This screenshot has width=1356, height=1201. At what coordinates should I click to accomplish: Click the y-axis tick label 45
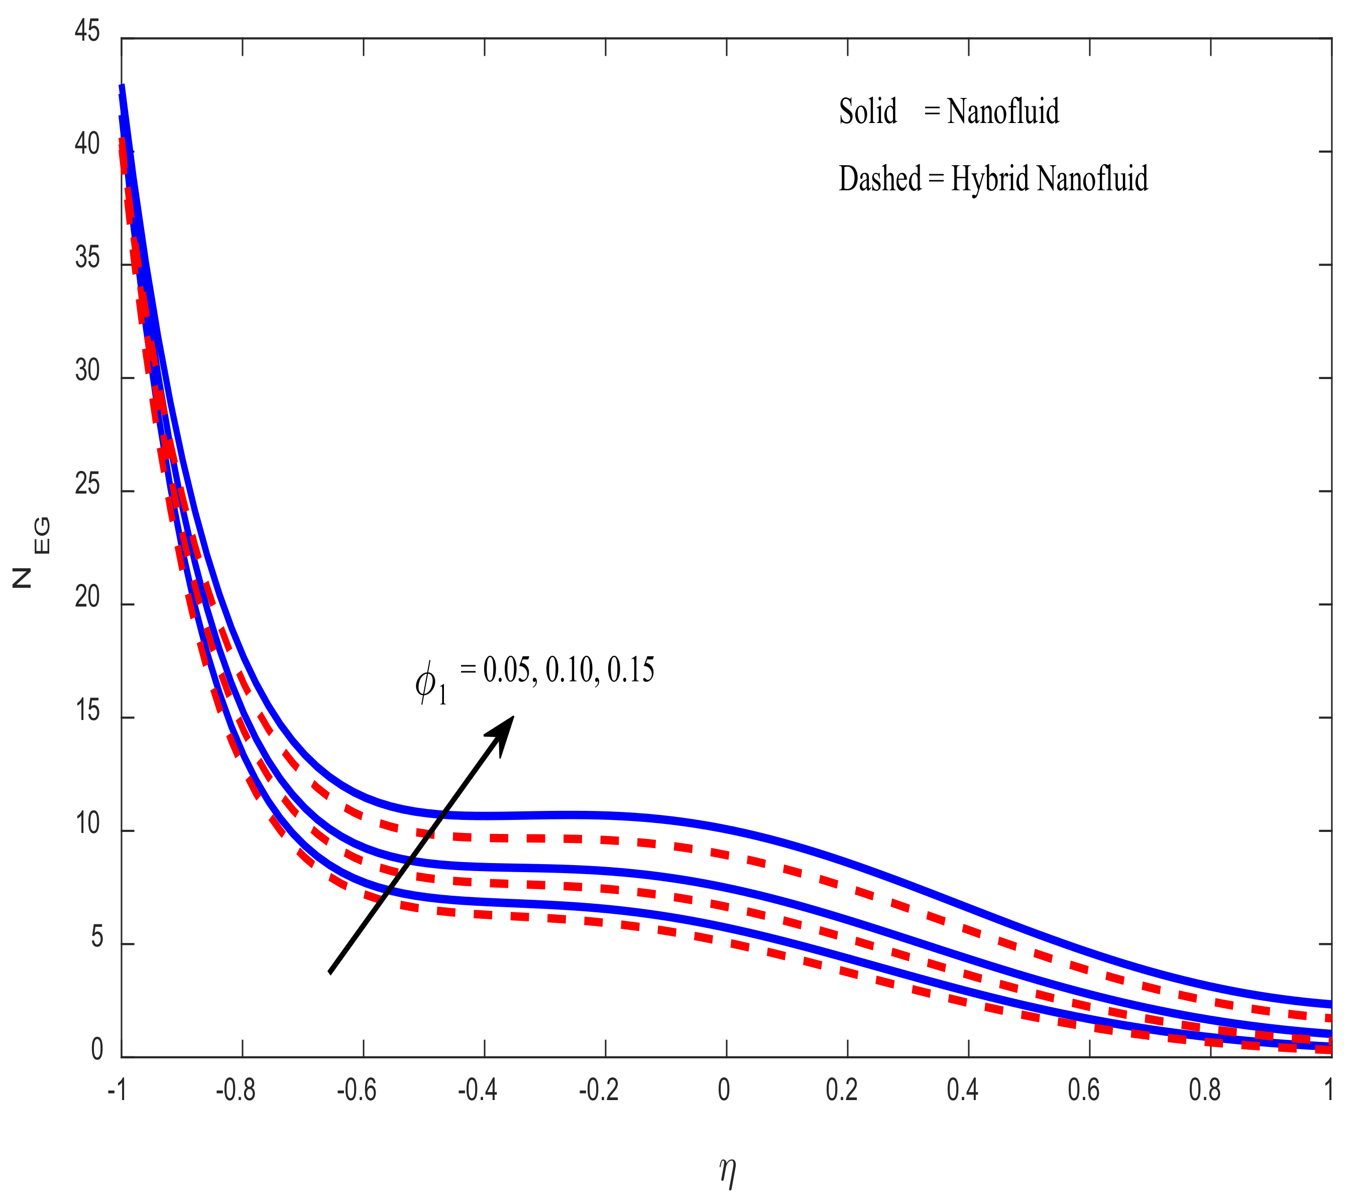click(x=87, y=31)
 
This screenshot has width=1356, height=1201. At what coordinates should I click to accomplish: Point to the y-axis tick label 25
click(x=87, y=485)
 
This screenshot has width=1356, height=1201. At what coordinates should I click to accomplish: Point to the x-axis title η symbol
click(x=728, y=1172)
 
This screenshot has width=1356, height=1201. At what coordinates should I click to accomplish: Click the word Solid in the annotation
click(x=868, y=111)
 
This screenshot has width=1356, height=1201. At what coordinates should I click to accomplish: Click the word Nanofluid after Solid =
click(x=1002, y=111)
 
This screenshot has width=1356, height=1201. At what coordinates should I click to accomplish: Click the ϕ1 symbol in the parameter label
click(x=430, y=683)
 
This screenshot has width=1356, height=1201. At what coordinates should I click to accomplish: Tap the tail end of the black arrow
click(x=331, y=972)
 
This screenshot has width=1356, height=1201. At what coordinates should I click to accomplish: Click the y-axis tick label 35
click(x=87, y=258)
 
